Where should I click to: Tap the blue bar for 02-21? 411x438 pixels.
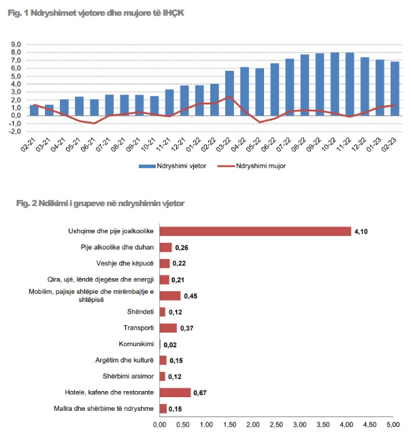coord(34,110)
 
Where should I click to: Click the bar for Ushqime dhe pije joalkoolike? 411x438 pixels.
coord(255,231)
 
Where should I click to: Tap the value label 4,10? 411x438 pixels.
coord(361,232)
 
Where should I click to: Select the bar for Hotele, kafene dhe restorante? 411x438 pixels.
coord(175,392)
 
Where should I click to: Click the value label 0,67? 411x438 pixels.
coord(201,393)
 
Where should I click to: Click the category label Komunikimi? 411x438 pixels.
coord(137,344)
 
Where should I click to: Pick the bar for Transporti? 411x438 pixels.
coord(168,328)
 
